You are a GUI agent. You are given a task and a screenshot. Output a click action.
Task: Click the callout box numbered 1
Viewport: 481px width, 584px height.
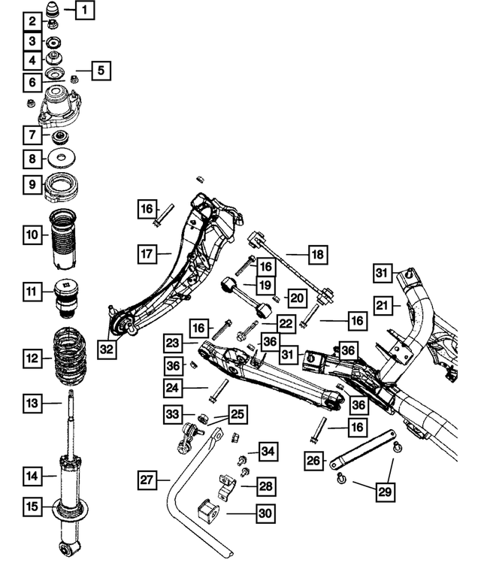pyautogui.click(x=85, y=11)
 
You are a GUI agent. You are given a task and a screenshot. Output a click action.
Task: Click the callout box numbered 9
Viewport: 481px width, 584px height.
pyautogui.click(x=32, y=183)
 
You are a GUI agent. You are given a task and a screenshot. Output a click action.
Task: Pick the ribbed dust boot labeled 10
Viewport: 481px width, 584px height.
pyautogui.click(x=62, y=241)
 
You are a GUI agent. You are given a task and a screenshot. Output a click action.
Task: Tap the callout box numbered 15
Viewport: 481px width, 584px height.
pyautogui.click(x=32, y=507)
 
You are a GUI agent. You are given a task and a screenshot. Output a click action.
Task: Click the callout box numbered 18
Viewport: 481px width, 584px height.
pyautogui.click(x=317, y=256)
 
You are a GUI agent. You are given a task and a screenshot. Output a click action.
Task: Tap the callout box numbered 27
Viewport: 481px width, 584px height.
pyautogui.click(x=148, y=479)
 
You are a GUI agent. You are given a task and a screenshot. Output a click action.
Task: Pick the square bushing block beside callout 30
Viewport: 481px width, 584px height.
pyautogui.click(x=209, y=514)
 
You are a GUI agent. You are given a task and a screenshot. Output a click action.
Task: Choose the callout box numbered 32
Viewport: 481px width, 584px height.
pyautogui.click(x=108, y=349)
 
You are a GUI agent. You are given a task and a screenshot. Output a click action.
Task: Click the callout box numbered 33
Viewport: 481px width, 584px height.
pyautogui.click(x=174, y=413)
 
